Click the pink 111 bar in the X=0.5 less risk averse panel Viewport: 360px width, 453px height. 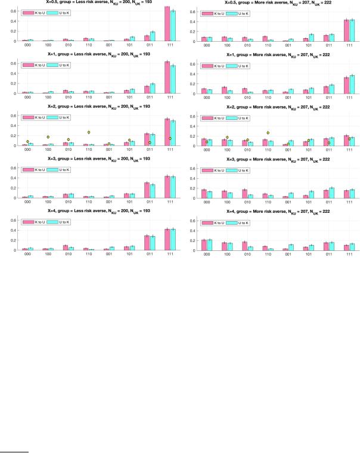point(167,24)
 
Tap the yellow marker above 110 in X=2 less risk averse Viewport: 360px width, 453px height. point(89,132)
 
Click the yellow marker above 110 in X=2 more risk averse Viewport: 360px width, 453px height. point(268,133)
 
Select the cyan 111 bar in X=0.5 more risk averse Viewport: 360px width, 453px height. point(352,30)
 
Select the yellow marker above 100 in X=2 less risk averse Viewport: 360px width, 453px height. point(48,137)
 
